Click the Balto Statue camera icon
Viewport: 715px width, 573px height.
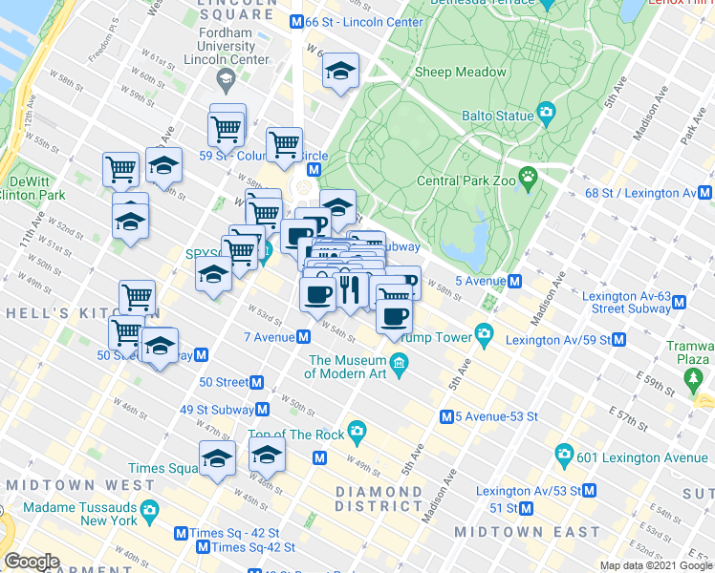click(x=546, y=115)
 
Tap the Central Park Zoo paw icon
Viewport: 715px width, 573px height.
click(x=528, y=179)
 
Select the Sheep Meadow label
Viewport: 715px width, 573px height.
click(x=461, y=73)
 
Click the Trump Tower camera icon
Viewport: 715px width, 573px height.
click(x=485, y=335)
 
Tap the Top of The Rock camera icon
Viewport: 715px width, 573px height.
click(x=357, y=432)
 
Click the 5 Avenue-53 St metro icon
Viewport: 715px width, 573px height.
click(x=445, y=416)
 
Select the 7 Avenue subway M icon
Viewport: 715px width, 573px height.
click(x=302, y=336)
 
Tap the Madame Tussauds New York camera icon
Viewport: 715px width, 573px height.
click(x=148, y=513)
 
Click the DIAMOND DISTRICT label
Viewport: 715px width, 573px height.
click(x=379, y=492)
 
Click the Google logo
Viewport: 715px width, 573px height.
click(x=32, y=562)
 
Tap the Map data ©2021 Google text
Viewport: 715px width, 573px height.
click(x=656, y=565)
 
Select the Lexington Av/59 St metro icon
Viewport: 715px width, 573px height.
click(x=618, y=339)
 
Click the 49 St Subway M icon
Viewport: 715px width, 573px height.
click(x=262, y=409)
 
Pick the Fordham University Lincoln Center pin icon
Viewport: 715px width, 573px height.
click(x=226, y=77)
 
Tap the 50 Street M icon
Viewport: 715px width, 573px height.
click(x=256, y=382)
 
